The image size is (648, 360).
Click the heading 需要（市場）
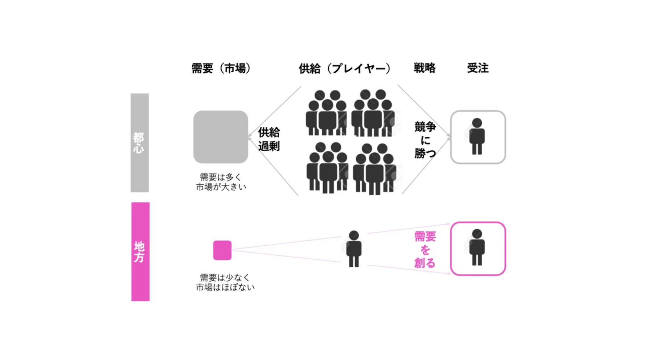point(221,68)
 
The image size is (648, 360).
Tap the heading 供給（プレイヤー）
point(345,68)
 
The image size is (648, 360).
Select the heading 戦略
point(424,68)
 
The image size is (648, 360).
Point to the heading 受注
point(478,68)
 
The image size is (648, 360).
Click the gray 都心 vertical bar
point(140,143)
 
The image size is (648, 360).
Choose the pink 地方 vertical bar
point(140,252)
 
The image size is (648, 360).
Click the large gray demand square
point(221,137)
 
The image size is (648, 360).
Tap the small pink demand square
point(222,250)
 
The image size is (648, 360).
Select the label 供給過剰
point(269,139)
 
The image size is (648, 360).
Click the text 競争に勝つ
point(425,140)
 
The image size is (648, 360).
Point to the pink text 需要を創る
point(425,250)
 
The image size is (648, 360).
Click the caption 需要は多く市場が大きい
point(221,182)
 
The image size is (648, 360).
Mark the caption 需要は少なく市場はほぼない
point(225,283)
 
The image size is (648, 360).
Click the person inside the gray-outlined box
point(477,136)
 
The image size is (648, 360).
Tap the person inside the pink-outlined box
point(477,247)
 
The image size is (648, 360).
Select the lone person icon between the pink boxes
point(354,249)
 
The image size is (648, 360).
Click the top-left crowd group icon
point(326,113)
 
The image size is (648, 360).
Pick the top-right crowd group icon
point(373,113)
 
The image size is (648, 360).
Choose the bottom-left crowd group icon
point(327,168)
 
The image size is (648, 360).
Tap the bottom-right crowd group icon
point(375,169)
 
